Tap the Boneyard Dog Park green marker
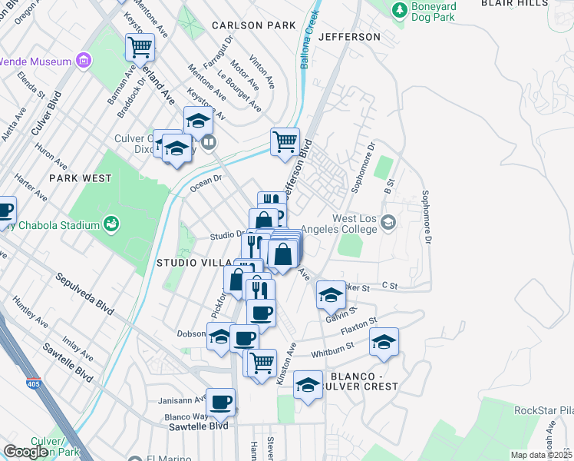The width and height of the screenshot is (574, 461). pos(399,9)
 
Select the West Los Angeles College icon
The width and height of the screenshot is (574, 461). pos(388,223)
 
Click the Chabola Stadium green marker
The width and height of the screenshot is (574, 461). pos(111,224)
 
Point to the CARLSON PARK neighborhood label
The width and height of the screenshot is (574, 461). pos(254,25)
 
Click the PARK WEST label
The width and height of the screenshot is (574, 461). pos(81,178)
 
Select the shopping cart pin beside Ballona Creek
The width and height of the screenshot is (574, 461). pos(285,141)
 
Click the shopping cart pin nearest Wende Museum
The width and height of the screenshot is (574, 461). pos(140,47)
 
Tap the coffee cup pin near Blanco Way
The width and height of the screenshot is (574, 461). pos(220,402)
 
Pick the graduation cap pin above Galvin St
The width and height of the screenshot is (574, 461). pos(331,294)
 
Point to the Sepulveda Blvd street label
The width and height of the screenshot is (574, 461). pos(84,292)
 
